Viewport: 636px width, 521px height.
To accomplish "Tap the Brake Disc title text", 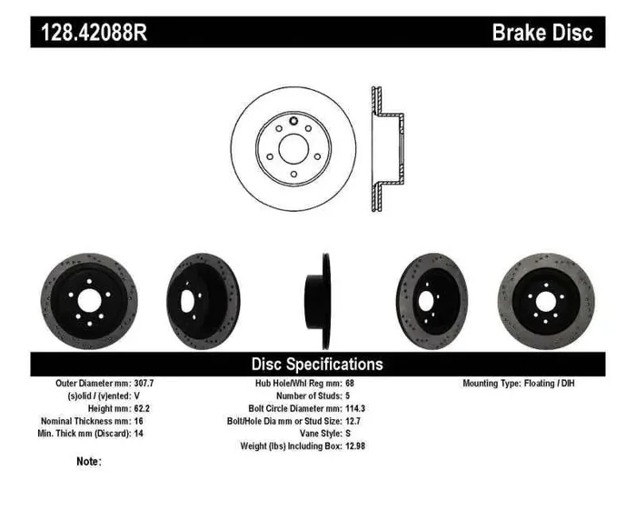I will pos(542,33).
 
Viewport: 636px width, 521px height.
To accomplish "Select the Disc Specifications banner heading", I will pos(317,364).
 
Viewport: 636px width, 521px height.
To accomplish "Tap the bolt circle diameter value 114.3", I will pos(352,409).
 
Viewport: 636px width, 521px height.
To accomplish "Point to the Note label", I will pos(89,462).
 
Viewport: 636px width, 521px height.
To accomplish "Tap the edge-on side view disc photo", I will pos(316,296).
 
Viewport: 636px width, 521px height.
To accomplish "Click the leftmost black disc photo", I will pos(88,296).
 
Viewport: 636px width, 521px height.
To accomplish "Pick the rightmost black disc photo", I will pos(545,296).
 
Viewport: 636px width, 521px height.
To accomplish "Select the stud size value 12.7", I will pos(349,422).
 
